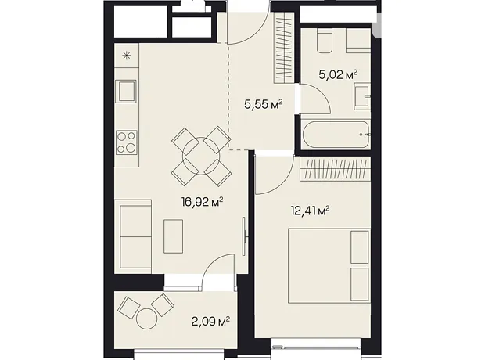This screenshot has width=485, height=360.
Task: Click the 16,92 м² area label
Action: point(203,203)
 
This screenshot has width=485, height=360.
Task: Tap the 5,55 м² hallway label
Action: point(264,104)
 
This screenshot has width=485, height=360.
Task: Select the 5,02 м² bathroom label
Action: point(338,74)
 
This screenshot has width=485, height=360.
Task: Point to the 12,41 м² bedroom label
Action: point(310,211)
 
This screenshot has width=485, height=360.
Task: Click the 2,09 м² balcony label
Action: point(210,322)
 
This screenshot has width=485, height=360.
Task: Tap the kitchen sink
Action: point(126,91)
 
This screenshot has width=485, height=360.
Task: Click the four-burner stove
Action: point(127,142)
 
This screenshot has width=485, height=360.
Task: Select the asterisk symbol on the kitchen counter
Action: point(126,56)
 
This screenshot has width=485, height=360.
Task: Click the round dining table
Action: point(201,156)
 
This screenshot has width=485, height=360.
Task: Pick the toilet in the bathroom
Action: point(324,41)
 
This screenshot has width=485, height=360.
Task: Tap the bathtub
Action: point(336,135)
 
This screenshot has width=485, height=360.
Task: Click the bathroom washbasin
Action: point(362,96)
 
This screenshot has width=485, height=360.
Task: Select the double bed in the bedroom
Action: point(329,265)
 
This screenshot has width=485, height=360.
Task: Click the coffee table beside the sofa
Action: point(173,236)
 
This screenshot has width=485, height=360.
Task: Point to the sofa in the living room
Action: point(133,237)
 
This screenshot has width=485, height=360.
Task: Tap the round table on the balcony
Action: point(146,319)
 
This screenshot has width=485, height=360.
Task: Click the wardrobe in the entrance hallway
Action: point(284,48)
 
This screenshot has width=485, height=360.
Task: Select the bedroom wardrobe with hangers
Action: point(336,169)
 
